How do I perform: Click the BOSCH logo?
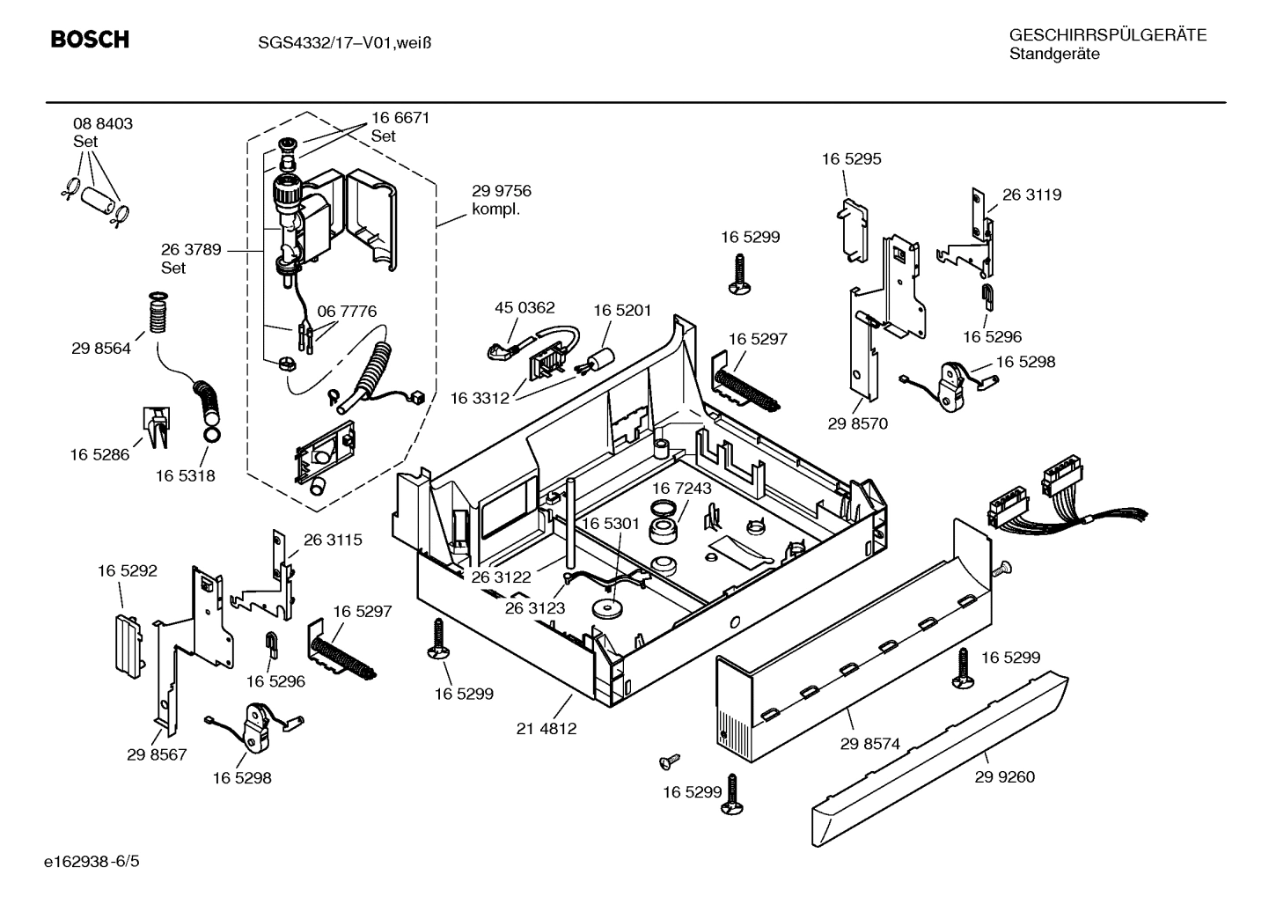pyautogui.click(x=90, y=40)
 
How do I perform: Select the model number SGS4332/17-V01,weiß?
pyautogui.click(x=344, y=41)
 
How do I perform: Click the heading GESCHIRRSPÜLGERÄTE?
pyautogui.click(x=1107, y=35)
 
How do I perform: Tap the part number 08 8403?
pyautogui.click(x=103, y=124)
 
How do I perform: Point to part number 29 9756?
pyautogui.click(x=502, y=191)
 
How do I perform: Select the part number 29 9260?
pyautogui.click(x=1005, y=776)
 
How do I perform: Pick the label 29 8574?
pyautogui.click(x=869, y=744)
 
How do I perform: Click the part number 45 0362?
pyautogui.click(x=524, y=308)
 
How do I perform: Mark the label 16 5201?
pyautogui.click(x=622, y=310)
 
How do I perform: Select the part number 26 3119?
pyautogui.click(x=1031, y=195)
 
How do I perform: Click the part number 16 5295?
pyautogui.click(x=851, y=159)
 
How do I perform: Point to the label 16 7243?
pyautogui.click(x=682, y=488)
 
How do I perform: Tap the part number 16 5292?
pyautogui.click(x=127, y=571)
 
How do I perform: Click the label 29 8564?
pyautogui.click(x=101, y=349)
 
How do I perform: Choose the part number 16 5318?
pyautogui.click(x=186, y=476)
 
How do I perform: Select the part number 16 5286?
pyautogui.click(x=99, y=455)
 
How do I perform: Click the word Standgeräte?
pyautogui.click(x=1054, y=55)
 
